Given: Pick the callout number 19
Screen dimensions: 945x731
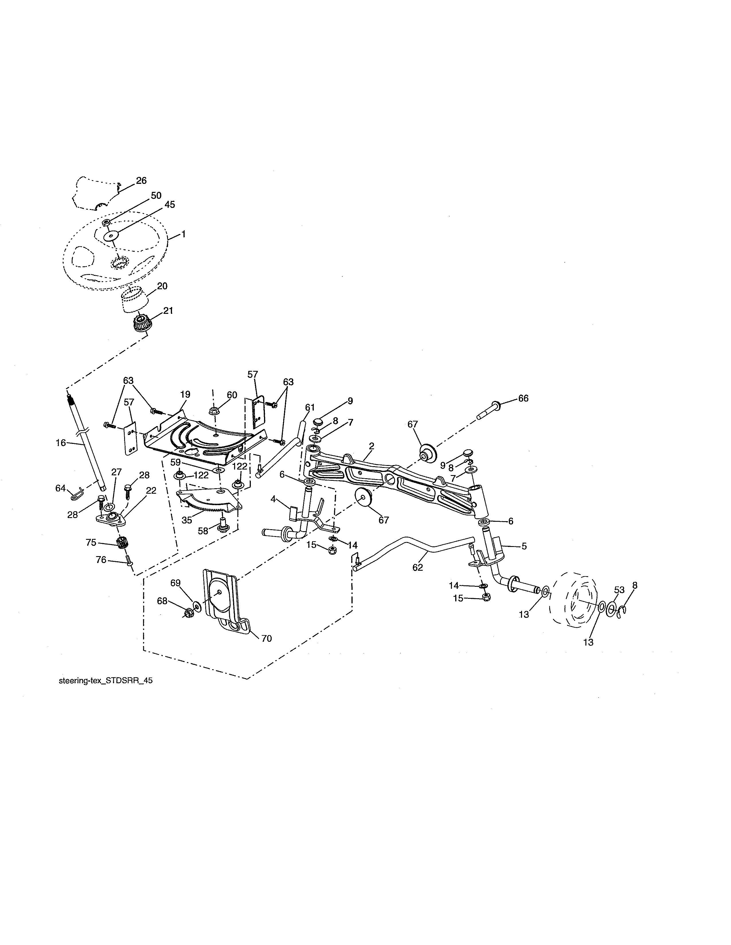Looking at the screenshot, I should (x=185, y=395).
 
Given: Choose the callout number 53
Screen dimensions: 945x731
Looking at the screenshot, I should (x=619, y=589).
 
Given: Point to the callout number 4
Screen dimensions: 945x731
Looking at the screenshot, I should (x=273, y=499).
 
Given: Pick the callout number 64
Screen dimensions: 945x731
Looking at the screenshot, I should (x=60, y=489).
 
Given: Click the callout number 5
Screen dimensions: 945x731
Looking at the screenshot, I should (x=524, y=546).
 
